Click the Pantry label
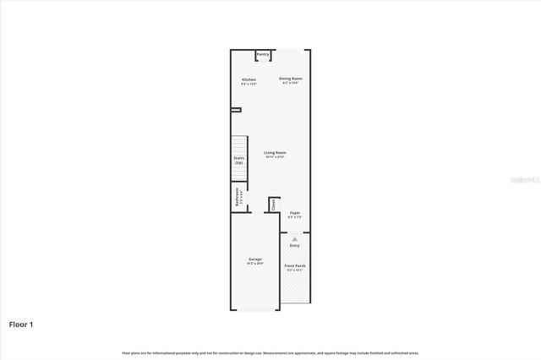coord(263,55)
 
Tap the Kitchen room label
coord(249,79)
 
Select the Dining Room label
coord(292,79)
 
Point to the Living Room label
coord(275,153)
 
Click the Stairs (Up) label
coord(239,160)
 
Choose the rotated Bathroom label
coord(238,197)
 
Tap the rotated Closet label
coord(274,205)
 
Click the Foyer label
coord(294,213)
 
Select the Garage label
coord(254,259)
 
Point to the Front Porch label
coord(295,265)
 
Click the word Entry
coord(294,245)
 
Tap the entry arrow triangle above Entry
coord(294,239)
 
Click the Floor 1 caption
coord(22,324)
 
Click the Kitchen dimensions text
coord(249,84)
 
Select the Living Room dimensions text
coord(275,157)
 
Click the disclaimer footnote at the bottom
coord(270,352)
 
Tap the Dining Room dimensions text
coord(292,83)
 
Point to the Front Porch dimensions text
coord(295,270)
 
